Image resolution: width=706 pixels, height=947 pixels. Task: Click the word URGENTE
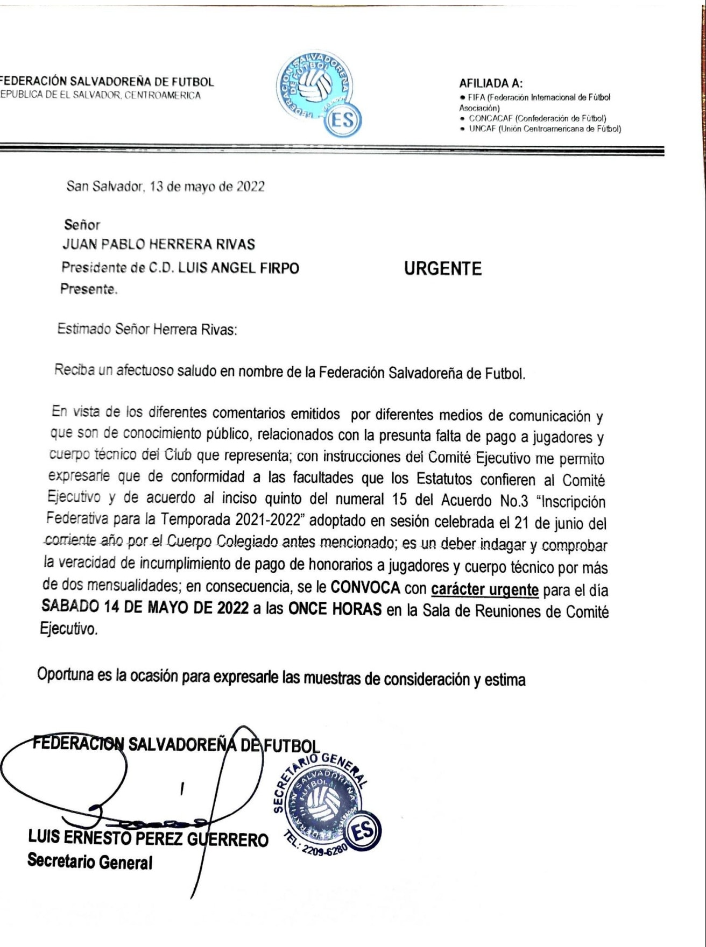coord(442,268)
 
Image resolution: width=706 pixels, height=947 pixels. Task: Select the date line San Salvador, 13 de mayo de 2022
coord(165,187)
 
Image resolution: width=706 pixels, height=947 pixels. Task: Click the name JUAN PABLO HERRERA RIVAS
coord(159,245)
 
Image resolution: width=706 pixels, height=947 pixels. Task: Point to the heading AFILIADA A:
coord(491,83)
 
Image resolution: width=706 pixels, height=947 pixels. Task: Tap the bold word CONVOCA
coord(365,587)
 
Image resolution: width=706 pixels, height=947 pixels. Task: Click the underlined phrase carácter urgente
coord(484,589)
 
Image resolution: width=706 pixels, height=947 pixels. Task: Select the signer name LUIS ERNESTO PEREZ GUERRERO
coord(148,838)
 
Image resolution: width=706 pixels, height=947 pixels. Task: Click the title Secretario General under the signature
coord(90,861)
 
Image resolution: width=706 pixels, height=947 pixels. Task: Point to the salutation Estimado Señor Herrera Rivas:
coord(147,329)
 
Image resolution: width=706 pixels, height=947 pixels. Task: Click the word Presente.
coord(88,289)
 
